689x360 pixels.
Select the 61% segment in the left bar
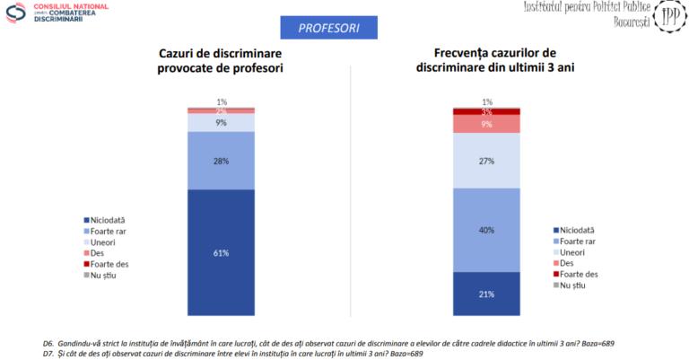pyautogui.click(x=221, y=252)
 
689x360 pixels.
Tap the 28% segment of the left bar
pyautogui.click(x=221, y=161)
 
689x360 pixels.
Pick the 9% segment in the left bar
pyautogui.click(x=221, y=122)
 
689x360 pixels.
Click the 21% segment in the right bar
pyautogui.click(x=486, y=294)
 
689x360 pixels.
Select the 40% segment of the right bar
pyautogui.click(x=486, y=230)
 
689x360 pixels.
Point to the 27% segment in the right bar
pyautogui.click(x=486, y=161)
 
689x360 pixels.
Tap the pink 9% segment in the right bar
pyautogui.click(x=486, y=124)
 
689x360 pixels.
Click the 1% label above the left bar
pyautogui.click(x=221, y=101)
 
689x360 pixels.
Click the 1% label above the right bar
pyautogui.click(x=486, y=101)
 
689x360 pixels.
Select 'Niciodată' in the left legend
pyautogui.click(x=111, y=220)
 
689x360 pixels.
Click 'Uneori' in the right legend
pyautogui.click(x=573, y=252)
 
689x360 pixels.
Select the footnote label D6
pyautogui.click(x=48, y=344)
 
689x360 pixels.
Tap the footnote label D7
pyautogui.click(x=48, y=353)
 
